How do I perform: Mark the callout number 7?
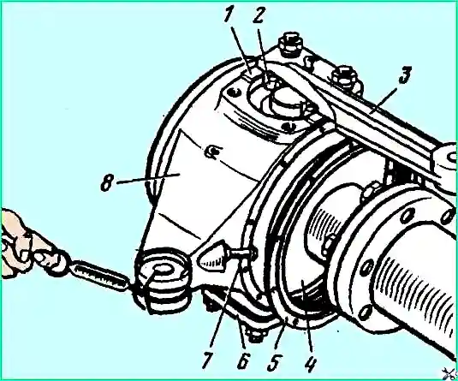208,360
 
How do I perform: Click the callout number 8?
107,182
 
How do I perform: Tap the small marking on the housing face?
213,152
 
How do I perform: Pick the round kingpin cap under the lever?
286,101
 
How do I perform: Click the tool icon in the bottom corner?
450,372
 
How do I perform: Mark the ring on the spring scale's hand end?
61,260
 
